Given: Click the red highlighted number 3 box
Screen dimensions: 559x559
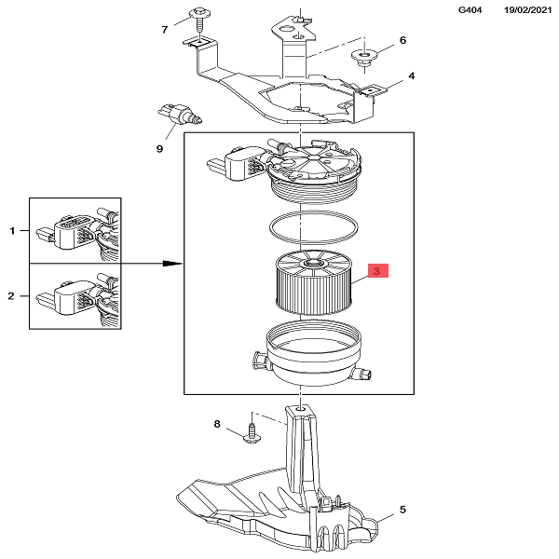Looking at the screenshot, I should pos(377,271).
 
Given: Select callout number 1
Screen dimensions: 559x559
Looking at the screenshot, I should pos(12,229).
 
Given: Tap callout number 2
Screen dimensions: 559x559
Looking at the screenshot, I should pos(12,296).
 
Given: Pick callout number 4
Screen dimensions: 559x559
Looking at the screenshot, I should pos(411,76).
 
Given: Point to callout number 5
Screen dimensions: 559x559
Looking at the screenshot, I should pos(402,510).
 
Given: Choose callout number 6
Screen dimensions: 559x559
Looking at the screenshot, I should pos(402,40).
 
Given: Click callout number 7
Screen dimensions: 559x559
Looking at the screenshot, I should pos(165,29).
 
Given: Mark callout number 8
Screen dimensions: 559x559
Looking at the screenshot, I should pos(217,425).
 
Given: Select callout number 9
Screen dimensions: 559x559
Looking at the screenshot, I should pos(159,147).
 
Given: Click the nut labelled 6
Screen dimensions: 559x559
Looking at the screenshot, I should pos(364,57).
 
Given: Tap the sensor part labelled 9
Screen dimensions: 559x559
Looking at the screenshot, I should pos(183,116).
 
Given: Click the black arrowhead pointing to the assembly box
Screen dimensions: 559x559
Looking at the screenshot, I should pos(172,264).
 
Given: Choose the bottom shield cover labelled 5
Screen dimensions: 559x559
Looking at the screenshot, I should pos(279,508).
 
